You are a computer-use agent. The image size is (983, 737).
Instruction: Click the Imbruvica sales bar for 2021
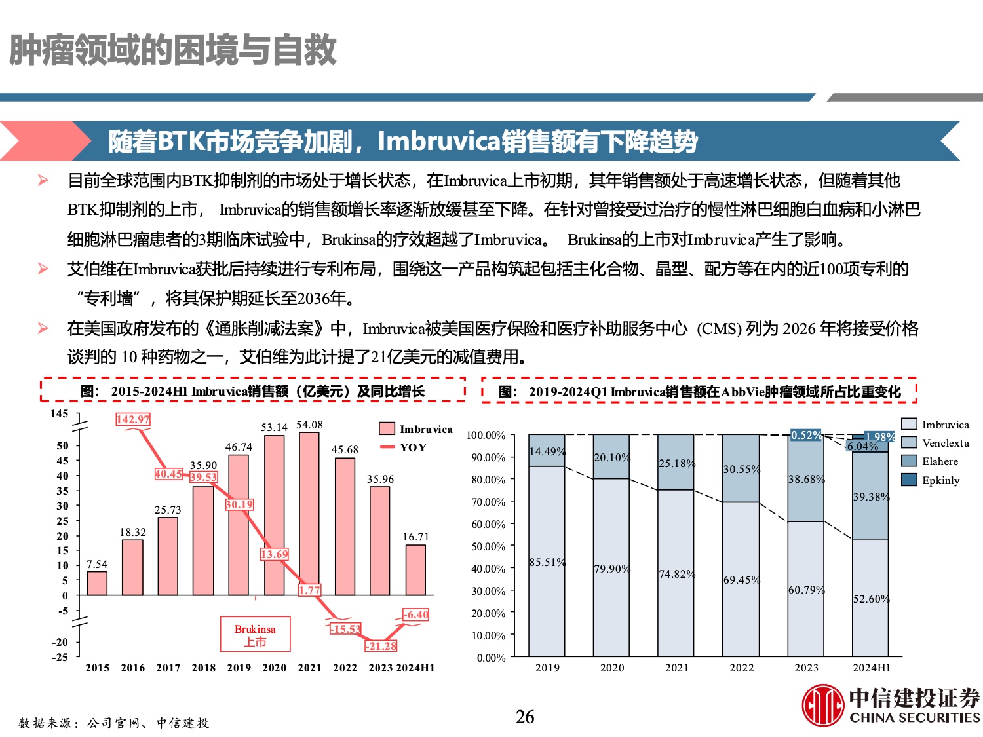point(309,514)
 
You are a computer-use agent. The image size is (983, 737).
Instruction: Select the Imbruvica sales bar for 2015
point(97,583)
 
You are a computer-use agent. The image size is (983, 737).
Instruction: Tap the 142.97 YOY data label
point(133,419)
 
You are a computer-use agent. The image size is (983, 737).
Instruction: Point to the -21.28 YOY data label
point(381,646)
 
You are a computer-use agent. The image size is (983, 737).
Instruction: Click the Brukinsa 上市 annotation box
point(255,634)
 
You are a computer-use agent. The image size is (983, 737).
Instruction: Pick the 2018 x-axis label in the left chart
point(203,668)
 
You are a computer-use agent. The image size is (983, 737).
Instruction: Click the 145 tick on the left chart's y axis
point(59,413)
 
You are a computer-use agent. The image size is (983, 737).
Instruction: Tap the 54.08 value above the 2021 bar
point(309,425)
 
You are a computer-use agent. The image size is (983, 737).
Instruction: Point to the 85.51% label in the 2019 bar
point(547,562)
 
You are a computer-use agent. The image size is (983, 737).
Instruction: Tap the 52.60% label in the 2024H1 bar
point(871,599)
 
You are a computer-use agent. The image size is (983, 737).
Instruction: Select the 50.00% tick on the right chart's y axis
point(488,546)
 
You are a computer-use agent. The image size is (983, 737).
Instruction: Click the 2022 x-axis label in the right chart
point(741,668)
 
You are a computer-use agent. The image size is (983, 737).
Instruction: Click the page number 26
point(525,717)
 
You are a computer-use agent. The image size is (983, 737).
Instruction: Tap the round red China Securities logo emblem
point(823,705)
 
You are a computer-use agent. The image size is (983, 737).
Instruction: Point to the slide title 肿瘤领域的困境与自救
point(173,50)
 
